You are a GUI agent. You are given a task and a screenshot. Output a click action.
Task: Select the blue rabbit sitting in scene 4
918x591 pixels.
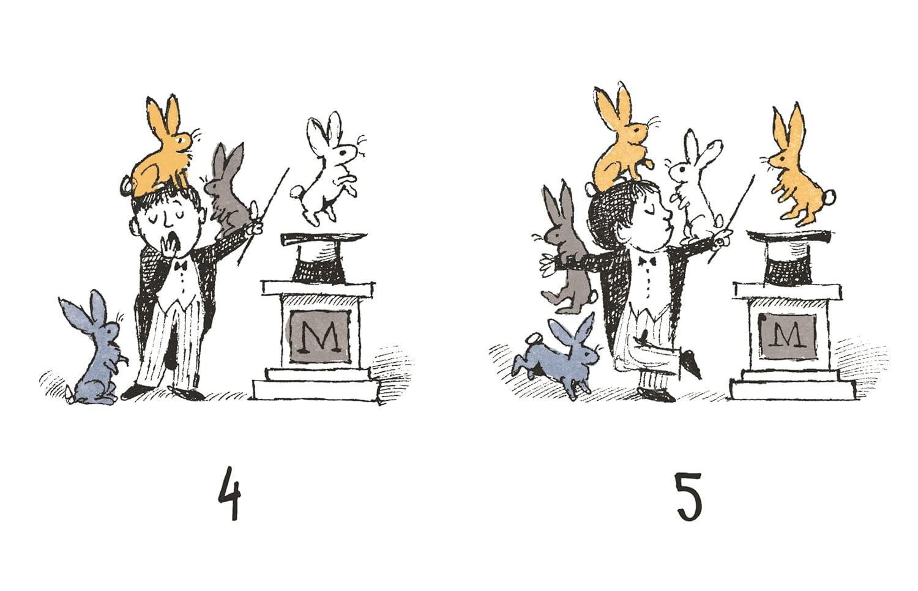tap(95, 348)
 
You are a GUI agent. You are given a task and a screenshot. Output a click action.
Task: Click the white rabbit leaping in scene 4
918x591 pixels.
tap(330, 170)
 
